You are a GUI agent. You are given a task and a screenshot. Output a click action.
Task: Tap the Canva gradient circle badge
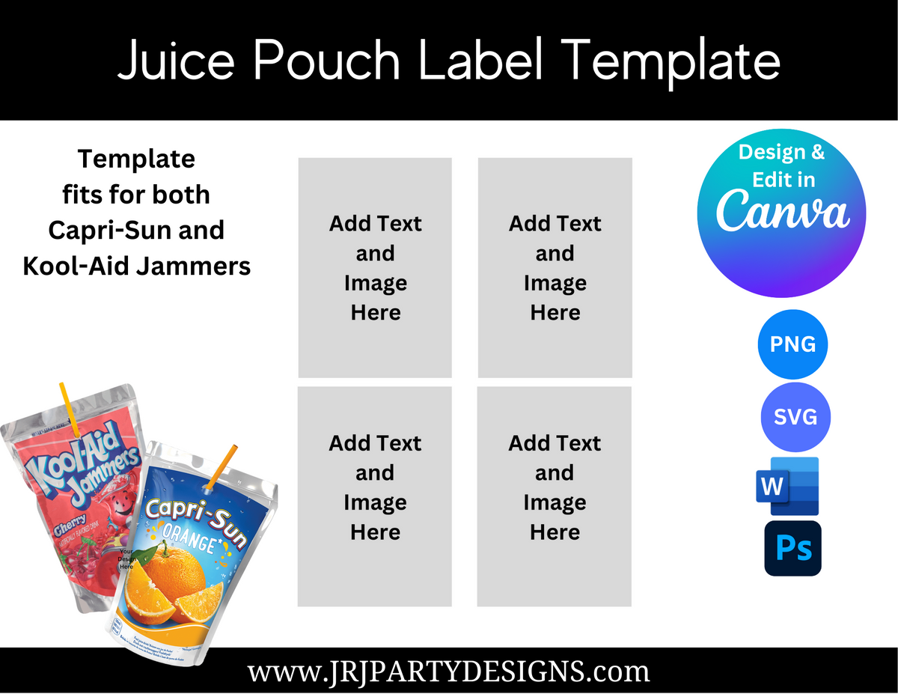tap(781, 213)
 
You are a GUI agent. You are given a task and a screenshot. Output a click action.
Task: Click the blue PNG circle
tap(793, 344)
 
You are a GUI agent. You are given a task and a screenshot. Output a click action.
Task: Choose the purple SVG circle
tap(795, 417)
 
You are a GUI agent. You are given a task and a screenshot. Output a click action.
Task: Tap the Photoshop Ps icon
tap(792, 548)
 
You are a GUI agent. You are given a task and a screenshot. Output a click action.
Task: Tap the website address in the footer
tap(449, 671)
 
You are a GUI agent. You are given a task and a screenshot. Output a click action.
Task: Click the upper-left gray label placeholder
tap(375, 267)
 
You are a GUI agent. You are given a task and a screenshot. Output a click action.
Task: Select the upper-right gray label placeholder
tap(555, 267)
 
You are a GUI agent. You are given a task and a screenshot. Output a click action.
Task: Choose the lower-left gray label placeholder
tap(375, 496)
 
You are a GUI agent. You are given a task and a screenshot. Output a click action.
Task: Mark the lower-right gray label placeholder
tap(555, 496)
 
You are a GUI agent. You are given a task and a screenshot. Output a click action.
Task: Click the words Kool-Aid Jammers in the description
tap(137, 266)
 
